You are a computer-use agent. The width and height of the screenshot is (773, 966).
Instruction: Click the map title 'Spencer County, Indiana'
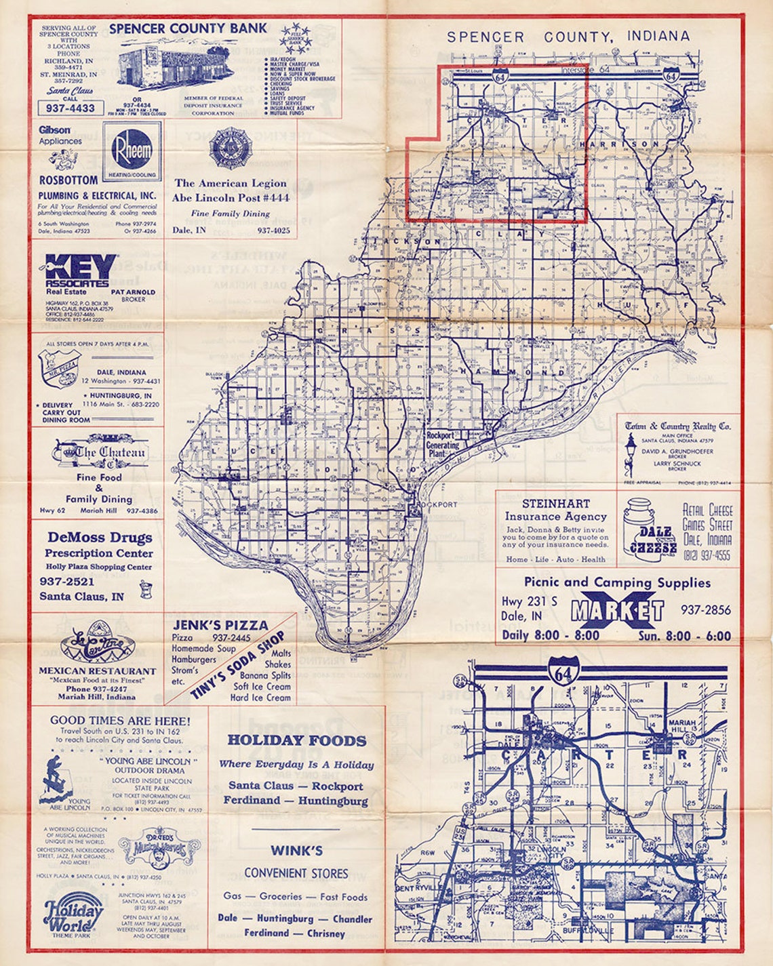coord(568,37)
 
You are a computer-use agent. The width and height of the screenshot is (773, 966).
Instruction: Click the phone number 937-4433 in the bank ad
coord(71,108)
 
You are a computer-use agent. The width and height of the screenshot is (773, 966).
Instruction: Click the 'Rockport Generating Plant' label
coord(443,445)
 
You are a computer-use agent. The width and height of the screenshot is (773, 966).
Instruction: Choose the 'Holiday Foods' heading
coord(296,740)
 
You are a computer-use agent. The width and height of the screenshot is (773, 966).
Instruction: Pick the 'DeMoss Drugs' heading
coord(100,538)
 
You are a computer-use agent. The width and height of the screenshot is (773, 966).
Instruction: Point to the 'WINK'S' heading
coord(296,850)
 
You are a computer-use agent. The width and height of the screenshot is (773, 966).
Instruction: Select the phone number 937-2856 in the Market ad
coord(706,609)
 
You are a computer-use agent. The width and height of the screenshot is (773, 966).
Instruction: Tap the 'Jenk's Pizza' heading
coord(220,625)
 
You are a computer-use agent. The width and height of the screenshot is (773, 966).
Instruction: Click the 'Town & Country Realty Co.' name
coord(678,426)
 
